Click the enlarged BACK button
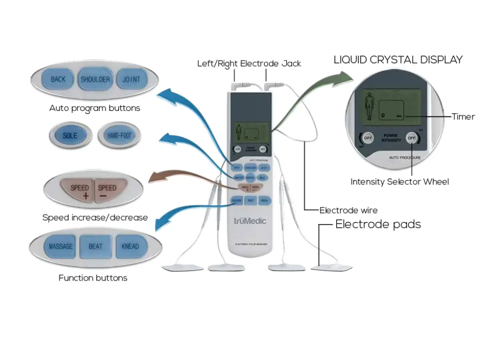58,79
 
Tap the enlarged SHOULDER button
95,79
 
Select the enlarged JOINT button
131,79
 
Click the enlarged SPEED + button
79,191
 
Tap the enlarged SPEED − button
107,191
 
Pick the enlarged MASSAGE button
60,246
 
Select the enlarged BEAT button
95,246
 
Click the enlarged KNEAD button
130,246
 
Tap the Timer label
463,116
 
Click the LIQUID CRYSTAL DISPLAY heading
398,60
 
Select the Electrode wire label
348,210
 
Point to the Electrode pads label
378,224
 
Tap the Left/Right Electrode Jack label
249,63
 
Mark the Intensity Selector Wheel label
399,182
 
